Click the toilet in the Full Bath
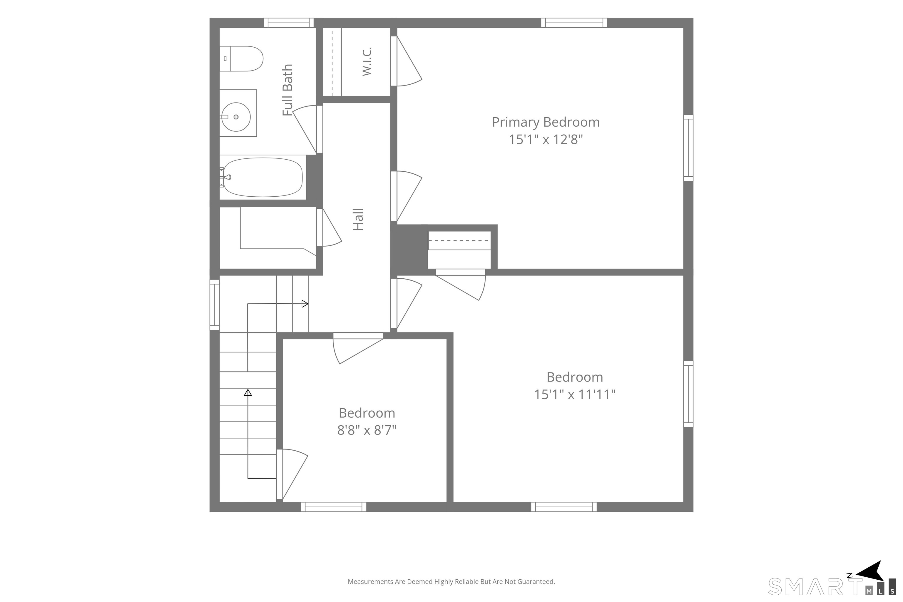pos(241,59)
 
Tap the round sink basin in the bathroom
pos(235,117)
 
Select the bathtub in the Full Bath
pos(262,177)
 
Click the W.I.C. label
pos(367,61)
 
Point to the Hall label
pos(358,219)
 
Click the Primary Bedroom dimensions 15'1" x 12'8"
pos(546,139)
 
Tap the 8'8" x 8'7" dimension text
pos(367,430)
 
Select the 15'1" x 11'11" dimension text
pos(575,394)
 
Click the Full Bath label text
pos(287,90)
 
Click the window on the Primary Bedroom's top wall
pos(574,23)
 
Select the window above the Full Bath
pos(288,23)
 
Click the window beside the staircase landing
pos(214,305)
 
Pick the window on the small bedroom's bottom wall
pos(333,507)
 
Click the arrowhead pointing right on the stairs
pos(305,304)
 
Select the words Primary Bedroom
pos(546,122)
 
